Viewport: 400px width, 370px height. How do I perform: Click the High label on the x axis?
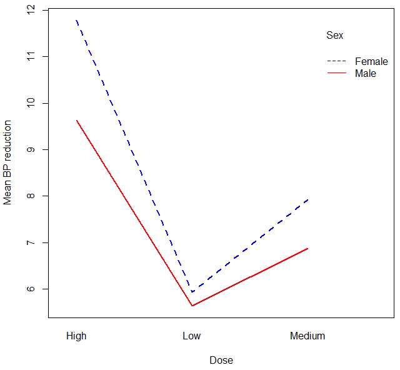tap(76, 336)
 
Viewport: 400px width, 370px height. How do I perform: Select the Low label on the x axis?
tap(192, 336)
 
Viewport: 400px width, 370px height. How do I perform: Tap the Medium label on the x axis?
tap(307, 336)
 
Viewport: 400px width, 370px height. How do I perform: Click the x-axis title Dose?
tap(221, 360)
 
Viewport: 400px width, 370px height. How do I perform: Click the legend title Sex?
tap(334, 36)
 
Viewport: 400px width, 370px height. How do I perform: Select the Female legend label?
tap(371, 62)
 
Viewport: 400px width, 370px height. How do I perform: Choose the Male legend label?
tap(366, 73)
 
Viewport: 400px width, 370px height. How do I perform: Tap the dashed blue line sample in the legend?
tap(337, 62)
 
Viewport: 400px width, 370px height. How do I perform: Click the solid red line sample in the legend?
tap(337, 73)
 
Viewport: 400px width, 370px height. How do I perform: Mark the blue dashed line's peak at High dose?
tap(76, 20)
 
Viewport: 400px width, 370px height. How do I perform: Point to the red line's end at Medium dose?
tap(307, 249)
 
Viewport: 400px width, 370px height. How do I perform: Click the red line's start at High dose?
tap(76, 120)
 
